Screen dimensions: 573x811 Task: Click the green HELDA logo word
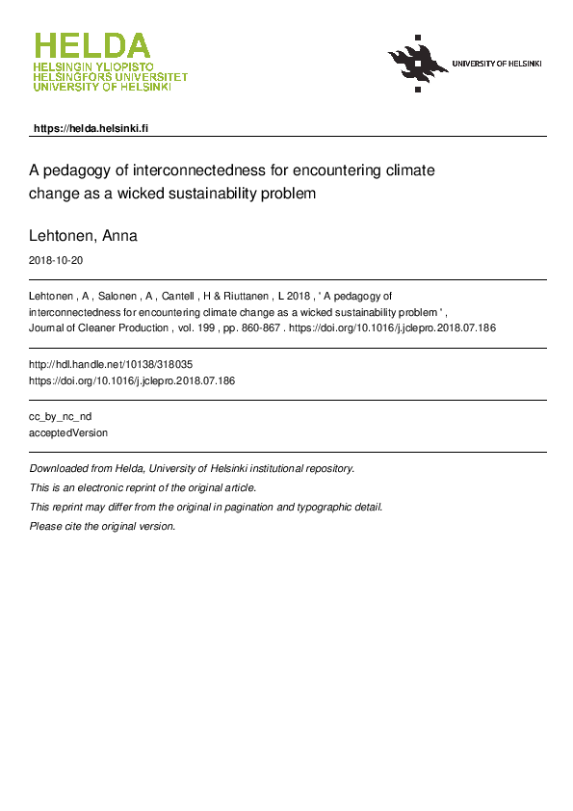92,46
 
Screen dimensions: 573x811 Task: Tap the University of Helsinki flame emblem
418,63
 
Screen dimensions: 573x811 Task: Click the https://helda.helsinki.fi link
91,128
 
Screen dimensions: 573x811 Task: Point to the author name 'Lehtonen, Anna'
84,236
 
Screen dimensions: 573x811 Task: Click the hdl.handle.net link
117,365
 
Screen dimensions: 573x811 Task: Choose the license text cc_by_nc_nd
62,417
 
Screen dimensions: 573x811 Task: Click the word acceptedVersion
69,433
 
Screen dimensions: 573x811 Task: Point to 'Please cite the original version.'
103,526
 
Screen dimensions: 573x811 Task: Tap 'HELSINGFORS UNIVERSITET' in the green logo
110,78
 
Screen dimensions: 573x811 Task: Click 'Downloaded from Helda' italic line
193,468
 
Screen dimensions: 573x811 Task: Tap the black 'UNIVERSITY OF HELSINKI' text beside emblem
497,64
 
